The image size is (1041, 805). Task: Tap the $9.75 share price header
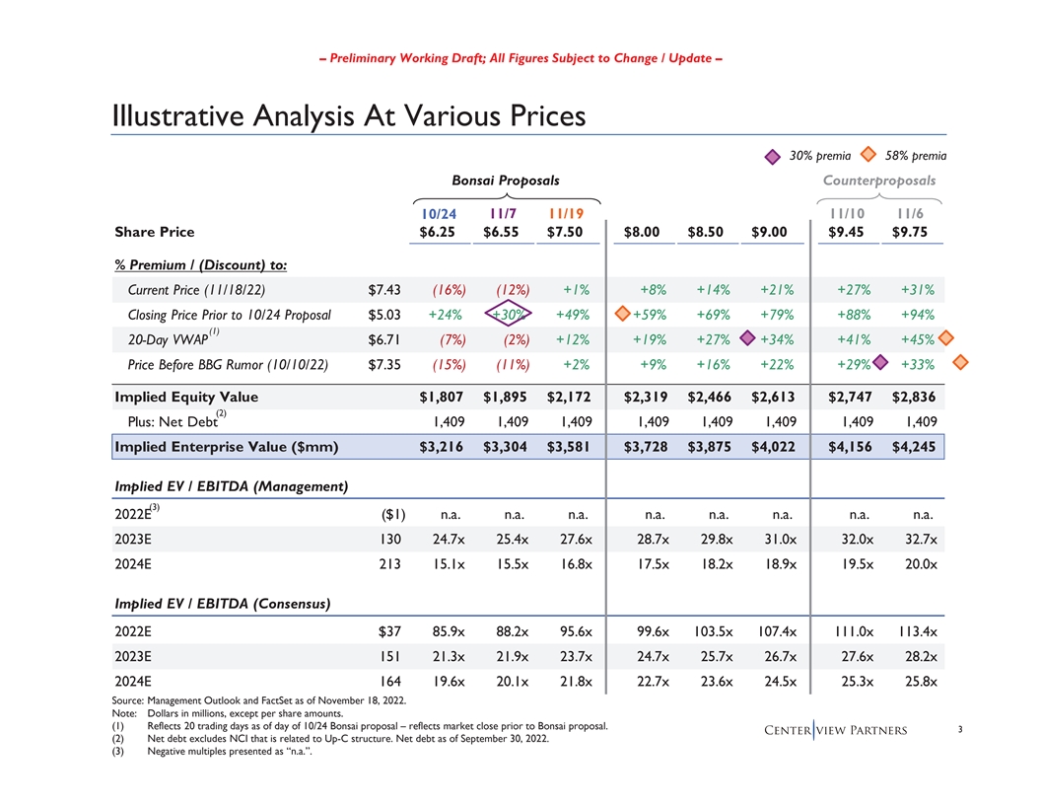click(x=916, y=232)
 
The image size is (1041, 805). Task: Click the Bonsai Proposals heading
click(x=505, y=181)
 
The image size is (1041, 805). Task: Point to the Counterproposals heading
click(x=879, y=181)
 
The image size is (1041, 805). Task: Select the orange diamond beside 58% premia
click(x=869, y=154)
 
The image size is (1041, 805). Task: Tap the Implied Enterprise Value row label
click(x=227, y=447)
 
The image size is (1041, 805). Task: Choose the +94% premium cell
click(x=917, y=315)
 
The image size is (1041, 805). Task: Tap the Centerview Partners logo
click(x=837, y=731)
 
